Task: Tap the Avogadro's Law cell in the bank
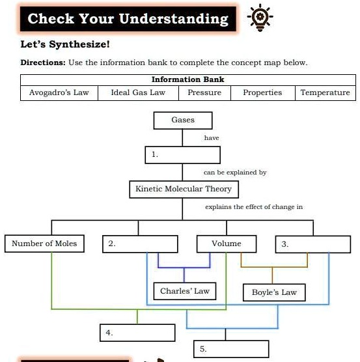59,92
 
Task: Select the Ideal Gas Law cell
138,92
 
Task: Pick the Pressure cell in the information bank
204,92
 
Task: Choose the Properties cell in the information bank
262,92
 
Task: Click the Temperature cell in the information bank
325,92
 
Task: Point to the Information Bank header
187,79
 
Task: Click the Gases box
183,120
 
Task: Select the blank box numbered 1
183,155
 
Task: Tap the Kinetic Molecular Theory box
183,189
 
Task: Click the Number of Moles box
44,244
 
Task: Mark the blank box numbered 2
140,244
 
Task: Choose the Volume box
226,244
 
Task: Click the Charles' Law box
185,291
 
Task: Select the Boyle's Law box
274,292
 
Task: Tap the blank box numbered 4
137,333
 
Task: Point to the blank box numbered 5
231,349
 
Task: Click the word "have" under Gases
212,138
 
